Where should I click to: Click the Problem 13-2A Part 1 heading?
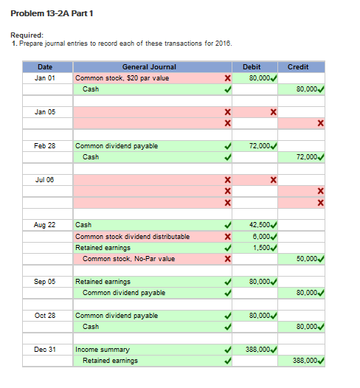coord(52,13)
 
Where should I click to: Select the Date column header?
coord(45,67)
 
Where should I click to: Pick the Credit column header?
coord(298,67)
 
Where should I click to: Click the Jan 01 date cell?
coord(45,77)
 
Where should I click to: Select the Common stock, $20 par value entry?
coord(122,77)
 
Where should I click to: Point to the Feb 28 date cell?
coord(45,146)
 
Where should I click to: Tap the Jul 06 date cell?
coord(45,180)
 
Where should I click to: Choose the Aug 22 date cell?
coord(45,224)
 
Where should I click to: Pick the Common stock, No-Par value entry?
coord(129,259)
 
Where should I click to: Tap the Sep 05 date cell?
coord(45,282)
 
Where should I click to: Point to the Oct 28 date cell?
coord(45,316)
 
